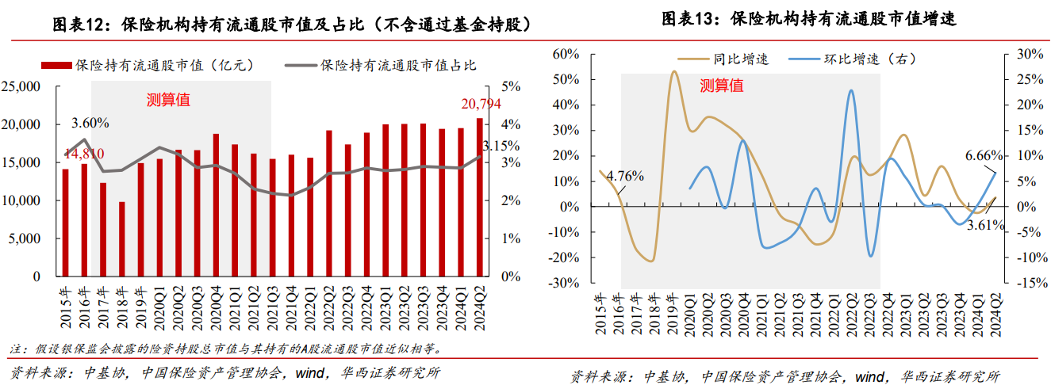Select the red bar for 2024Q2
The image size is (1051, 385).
[x=479, y=197]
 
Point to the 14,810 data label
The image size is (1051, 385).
[x=83, y=153]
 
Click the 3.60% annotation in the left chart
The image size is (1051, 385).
[x=90, y=123]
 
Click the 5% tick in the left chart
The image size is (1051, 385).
[x=511, y=86]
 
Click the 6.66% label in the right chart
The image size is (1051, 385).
[x=984, y=156]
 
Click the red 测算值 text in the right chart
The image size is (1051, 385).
[x=721, y=86]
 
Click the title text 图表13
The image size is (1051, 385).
[x=689, y=20]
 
